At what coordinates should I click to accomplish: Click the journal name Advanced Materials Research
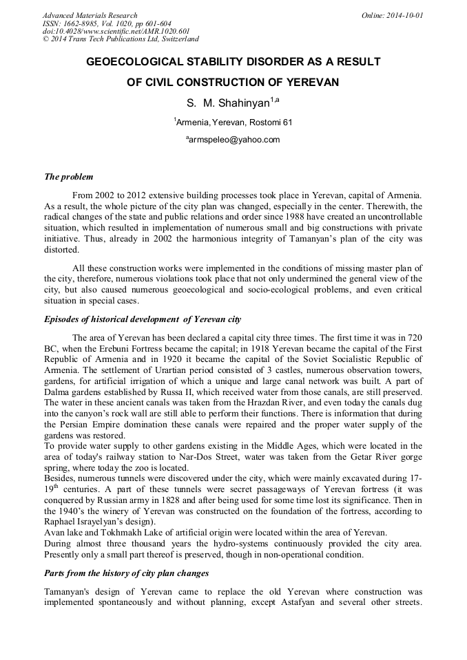[x=90, y=15]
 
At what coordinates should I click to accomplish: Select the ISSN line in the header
[x=107, y=23]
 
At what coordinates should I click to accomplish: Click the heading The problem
[x=69, y=177]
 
